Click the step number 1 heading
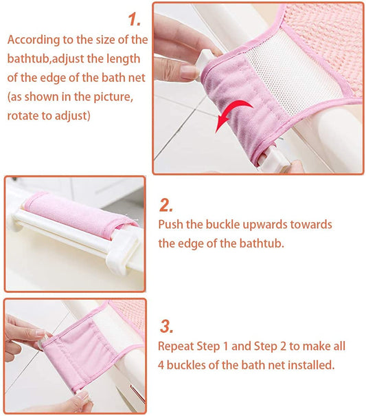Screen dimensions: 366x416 (135, 19)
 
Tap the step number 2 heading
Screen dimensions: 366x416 (166, 206)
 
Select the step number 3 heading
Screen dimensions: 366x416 (167, 327)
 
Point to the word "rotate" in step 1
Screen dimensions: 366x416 (23, 116)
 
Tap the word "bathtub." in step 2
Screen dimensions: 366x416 (262, 243)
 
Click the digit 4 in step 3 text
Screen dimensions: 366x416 (161, 365)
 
